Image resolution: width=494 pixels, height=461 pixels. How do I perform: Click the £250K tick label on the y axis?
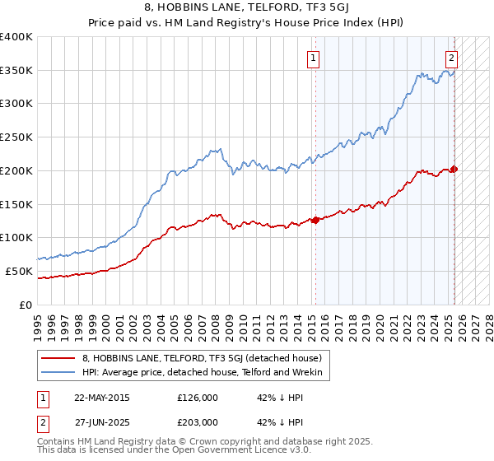(16, 137)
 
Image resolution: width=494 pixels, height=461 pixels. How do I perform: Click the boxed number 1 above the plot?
(315, 58)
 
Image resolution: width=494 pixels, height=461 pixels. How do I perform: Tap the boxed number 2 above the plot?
(452, 58)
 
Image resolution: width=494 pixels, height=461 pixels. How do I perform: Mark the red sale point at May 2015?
(315, 220)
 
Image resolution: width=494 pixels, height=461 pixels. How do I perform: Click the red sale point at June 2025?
(454, 169)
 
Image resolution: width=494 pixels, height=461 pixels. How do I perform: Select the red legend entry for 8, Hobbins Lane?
(206, 358)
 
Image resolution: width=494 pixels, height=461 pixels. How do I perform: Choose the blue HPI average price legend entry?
(206, 373)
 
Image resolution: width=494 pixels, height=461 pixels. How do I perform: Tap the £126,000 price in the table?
(197, 398)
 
